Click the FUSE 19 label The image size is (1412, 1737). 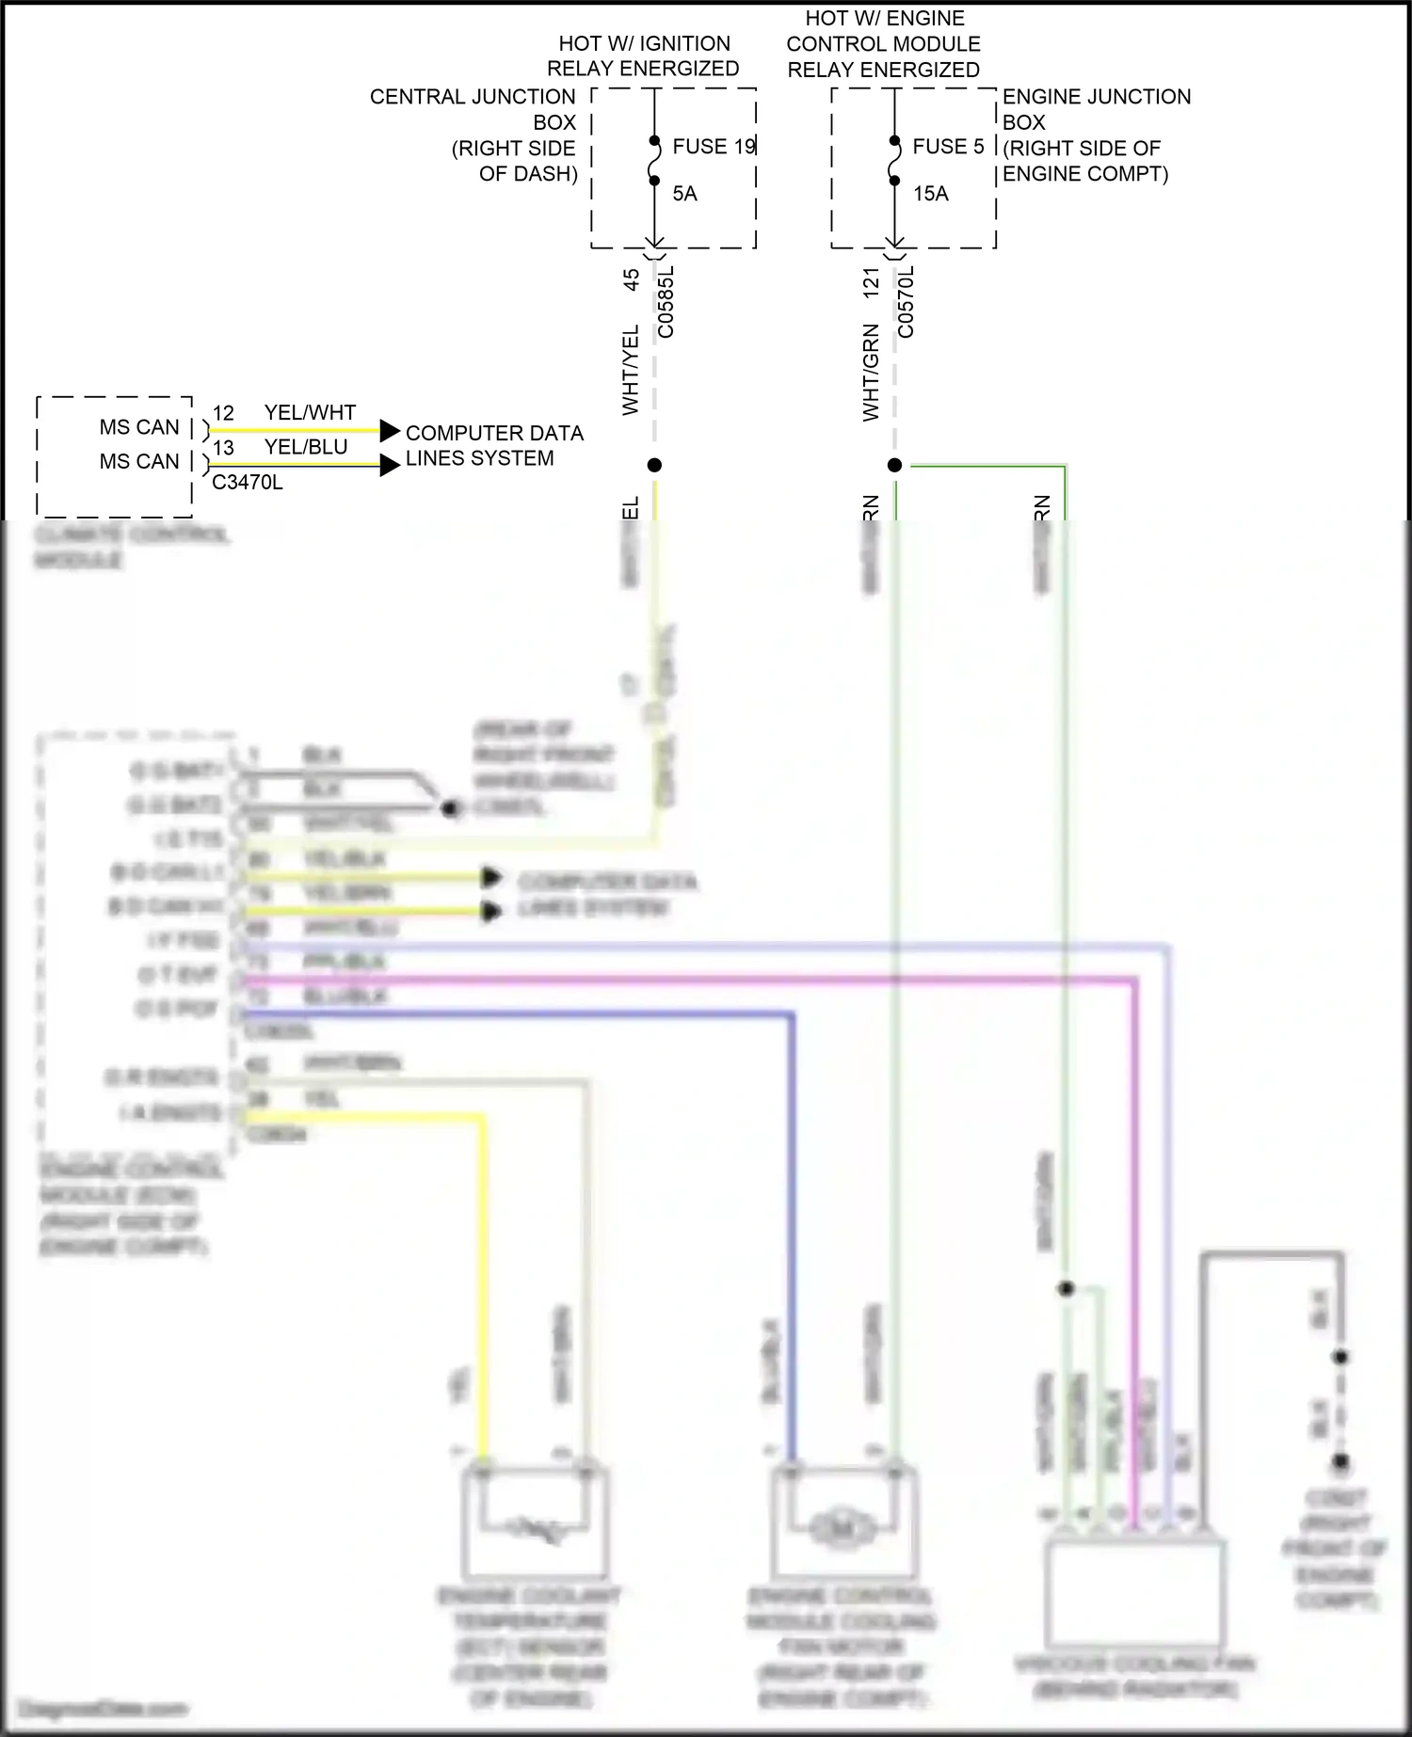[714, 147]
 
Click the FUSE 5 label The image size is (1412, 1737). [948, 147]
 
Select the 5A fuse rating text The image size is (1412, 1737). [684, 194]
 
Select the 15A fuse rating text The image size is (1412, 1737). [930, 194]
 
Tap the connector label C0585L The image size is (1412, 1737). [666, 302]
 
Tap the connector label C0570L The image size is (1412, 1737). [906, 302]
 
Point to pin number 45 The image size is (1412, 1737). [632, 279]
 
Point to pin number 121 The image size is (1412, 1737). [872, 283]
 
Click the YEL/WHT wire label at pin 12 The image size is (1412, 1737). [310, 413]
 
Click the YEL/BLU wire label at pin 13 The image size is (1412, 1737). [306, 447]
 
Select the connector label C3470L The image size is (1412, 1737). [247, 483]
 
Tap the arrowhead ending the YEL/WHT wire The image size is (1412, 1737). [390, 431]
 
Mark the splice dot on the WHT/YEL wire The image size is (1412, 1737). [654, 465]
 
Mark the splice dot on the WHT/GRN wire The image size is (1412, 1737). [894, 465]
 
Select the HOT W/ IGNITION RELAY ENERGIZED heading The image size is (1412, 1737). [644, 56]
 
